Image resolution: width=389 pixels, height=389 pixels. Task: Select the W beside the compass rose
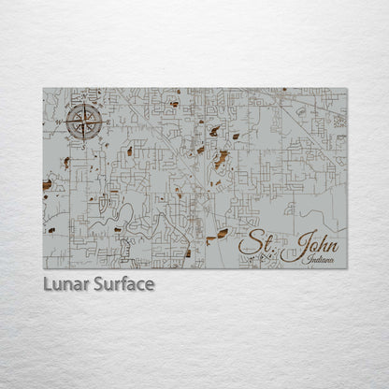click(x=61, y=122)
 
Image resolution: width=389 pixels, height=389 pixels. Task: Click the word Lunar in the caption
click(x=64, y=283)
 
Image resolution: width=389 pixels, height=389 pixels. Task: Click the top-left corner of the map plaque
click(x=43, y=89)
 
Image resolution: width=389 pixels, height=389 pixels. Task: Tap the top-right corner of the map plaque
click(x=347, y=89)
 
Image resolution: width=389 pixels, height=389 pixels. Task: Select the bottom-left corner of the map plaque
click(x=43, y=268)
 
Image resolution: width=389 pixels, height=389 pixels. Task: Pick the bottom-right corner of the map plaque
click(x=347, y=268)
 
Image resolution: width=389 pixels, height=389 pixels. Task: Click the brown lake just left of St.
click(x=222, y=233)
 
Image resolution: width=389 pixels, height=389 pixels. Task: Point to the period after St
click(x=272, y=250)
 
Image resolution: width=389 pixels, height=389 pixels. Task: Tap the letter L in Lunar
click(x=46, y=283)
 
